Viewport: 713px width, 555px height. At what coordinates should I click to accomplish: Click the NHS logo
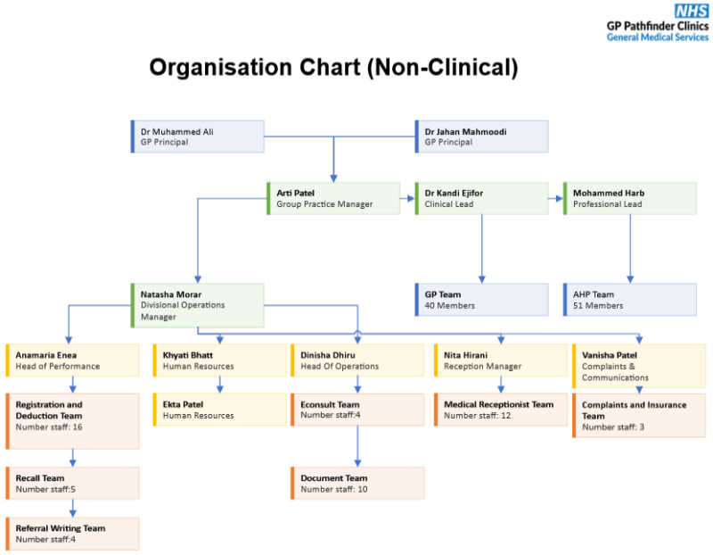point(691,11)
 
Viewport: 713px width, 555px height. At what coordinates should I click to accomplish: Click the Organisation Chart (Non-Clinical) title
point(333,68)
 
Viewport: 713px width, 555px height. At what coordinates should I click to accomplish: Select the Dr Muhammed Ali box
point(198,137)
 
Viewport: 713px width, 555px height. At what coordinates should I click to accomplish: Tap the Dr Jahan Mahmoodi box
point(481,137)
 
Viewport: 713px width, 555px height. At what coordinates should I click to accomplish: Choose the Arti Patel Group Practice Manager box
point(333,198)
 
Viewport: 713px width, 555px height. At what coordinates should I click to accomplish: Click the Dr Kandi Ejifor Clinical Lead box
point(481,198)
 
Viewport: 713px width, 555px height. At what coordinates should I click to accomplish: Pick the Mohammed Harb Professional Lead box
point(630,198)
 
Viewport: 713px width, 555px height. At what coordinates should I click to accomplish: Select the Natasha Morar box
point(198,304)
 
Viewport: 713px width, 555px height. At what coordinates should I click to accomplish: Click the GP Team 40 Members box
point(481,299)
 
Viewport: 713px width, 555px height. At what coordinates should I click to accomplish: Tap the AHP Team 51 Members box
point(630,299)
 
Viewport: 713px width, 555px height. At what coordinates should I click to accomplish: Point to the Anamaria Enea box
point(73,360)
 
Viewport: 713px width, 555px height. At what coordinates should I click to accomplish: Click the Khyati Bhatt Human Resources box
point(220,360)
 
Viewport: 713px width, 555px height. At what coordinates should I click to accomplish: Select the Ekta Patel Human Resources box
point(220,410)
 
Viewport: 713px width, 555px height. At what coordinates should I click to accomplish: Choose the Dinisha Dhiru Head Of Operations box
point(357,360)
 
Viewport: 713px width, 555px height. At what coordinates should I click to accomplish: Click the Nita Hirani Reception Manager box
point(501,360)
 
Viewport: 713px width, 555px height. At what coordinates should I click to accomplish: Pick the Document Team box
point(357,483)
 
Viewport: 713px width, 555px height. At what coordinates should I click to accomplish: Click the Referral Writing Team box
point(73,533)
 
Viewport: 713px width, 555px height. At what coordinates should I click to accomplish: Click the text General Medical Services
point(657,37)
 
